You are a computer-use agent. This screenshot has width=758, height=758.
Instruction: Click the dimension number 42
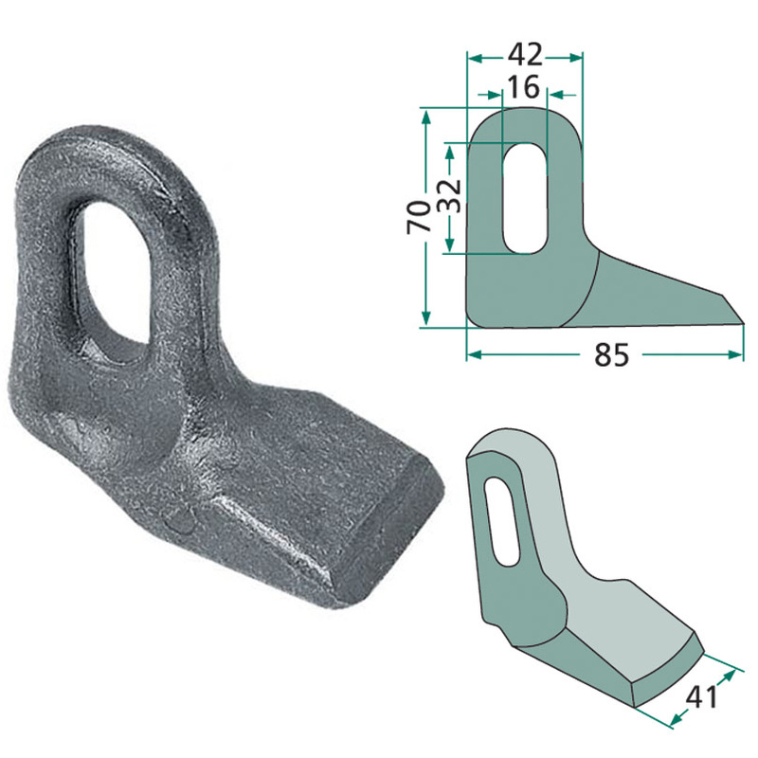tap(525, 49)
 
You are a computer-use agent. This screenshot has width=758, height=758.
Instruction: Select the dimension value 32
tap(450, 198)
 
